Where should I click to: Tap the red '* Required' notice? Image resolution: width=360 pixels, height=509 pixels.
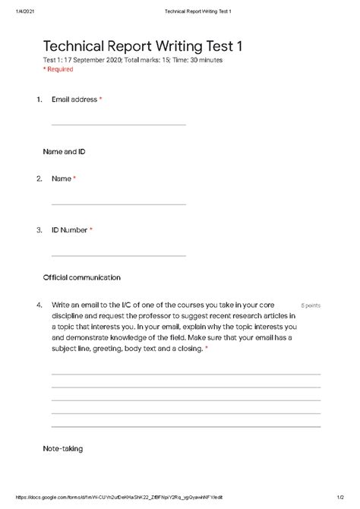click(x=58, y=69)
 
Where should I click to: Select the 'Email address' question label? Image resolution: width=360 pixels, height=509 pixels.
click(x=74, y=99)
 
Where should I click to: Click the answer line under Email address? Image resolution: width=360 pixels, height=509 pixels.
click(x=118, y=125)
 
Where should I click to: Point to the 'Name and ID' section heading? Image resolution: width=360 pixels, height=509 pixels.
click(x=64, y=151)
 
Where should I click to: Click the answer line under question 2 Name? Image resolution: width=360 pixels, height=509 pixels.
click(x=118, y=204)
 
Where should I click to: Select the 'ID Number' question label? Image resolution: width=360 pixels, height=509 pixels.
click(x=69, y=229)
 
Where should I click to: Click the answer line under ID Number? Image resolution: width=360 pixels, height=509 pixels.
click(x=118, y=254)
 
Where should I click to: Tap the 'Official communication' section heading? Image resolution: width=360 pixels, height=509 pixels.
click(x=82, y=277)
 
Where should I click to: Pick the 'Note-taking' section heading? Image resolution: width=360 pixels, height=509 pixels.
click(x=62, y=449)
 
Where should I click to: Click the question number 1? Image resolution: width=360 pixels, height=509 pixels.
click(x=38, y=99)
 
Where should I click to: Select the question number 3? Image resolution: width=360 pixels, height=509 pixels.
click(x=38, y=229)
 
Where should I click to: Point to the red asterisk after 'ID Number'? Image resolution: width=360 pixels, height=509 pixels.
click(x=91, y=229)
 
